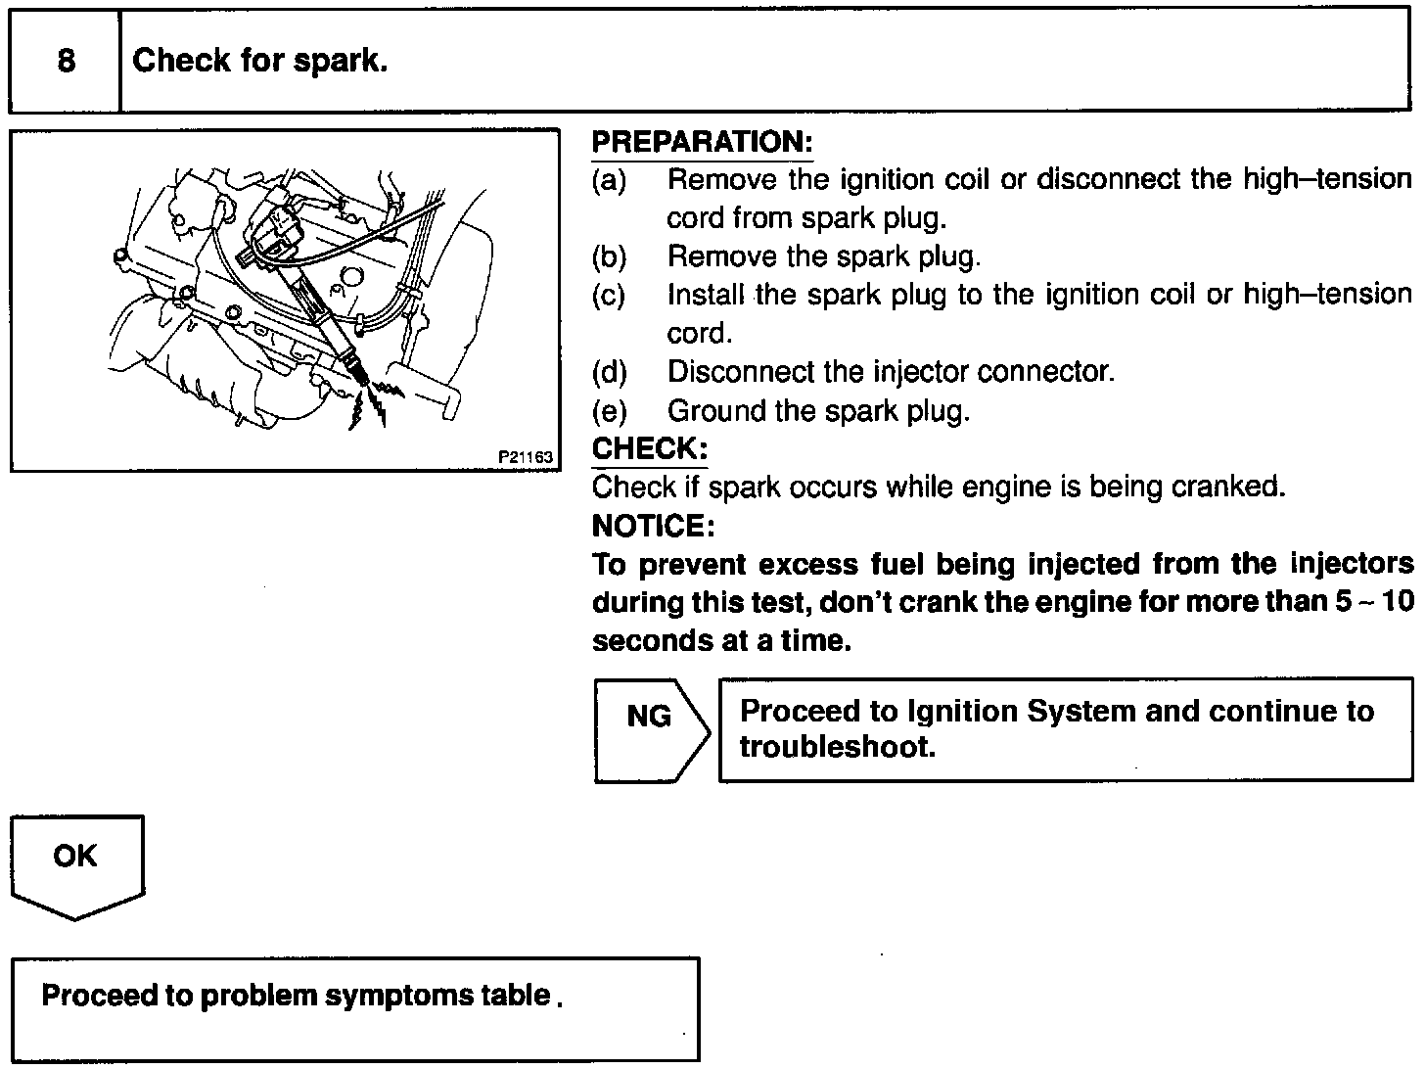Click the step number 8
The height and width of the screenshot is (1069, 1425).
(66, 61)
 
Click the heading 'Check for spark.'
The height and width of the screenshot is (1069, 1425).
(260, 61)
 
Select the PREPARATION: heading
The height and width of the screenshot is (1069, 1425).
(702, 142)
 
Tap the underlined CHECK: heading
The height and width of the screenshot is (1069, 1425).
(649, 448)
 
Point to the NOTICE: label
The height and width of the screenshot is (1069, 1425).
(653, 526)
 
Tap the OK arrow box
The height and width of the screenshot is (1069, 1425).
(76, 864)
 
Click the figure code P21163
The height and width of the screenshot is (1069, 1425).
(526, 456)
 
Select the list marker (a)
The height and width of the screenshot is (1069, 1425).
(609, 180)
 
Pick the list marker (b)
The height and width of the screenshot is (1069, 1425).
(609, 256)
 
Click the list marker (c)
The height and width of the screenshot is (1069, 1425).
(609, 295)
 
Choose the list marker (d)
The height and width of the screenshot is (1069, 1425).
(609, 372)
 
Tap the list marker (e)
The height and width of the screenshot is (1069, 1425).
(609, 410)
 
